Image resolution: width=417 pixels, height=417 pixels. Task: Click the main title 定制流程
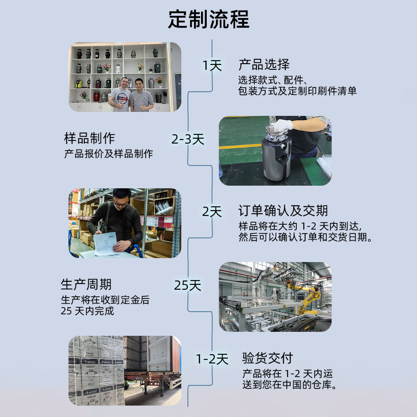tap(209, 19)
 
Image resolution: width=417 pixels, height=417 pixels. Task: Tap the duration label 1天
tap(212, 65)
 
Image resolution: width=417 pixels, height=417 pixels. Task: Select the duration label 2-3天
tap(188, 139)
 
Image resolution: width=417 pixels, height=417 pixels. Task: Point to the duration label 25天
tap(187, 285)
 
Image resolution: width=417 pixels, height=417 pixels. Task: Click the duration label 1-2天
tap(212, 359)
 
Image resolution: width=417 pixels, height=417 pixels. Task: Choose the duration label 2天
tap(212, 212)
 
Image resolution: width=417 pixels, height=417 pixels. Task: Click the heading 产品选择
tap(264, 65)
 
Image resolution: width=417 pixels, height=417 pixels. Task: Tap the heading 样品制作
tap(90, 138)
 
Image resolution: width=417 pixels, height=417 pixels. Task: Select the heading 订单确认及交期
tap(283, 211)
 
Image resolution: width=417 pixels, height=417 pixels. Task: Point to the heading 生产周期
tap(86, 284)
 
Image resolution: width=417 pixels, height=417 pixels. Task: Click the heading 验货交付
tap(268, 358)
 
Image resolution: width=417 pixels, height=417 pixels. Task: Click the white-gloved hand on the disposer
tap(282, 125)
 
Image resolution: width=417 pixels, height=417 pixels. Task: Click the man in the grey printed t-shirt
tap(120, 96)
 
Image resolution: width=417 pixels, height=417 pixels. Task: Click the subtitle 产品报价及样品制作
tap(108, 154)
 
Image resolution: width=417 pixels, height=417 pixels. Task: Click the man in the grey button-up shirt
tap(142, 96)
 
